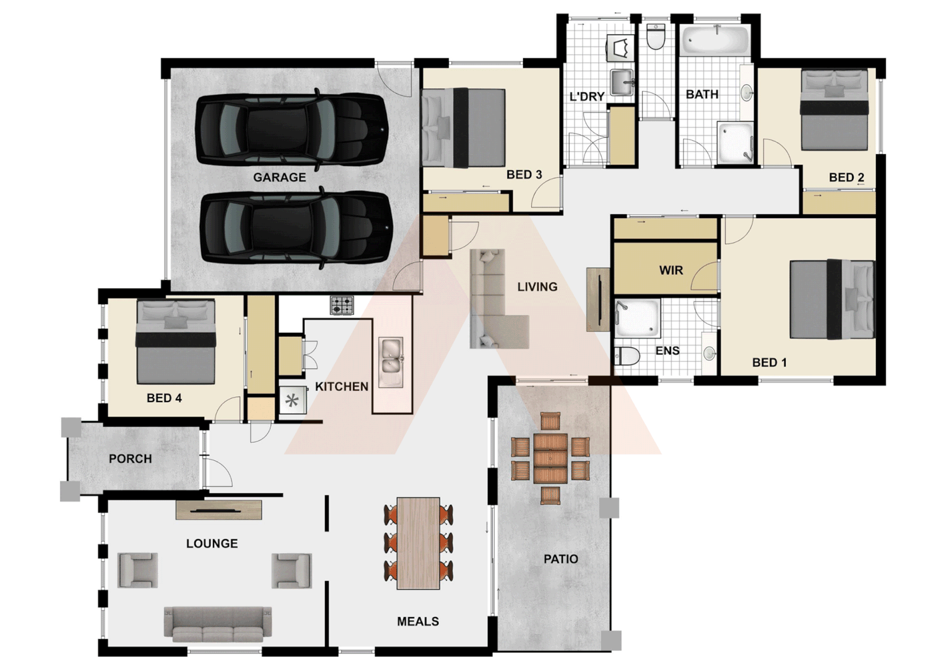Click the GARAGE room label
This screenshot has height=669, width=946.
pos(279,177)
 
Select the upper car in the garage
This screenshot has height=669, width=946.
pos(291,129)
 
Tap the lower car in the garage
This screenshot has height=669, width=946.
pos(296,227)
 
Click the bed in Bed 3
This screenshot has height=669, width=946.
pos(463,128)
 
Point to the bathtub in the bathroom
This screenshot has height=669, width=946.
pos(716,40)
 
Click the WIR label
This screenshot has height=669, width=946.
pos(670,270)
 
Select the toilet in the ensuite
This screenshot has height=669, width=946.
pos(627,357)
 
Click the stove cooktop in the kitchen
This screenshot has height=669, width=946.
pos(342,305)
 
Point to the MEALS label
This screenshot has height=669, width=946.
pos(418,621)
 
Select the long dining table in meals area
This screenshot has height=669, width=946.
pos(419,543)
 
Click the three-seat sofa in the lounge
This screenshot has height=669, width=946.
pos(217,623)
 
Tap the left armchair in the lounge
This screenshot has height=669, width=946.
pos(137,570)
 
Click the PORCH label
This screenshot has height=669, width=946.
pos(130,459)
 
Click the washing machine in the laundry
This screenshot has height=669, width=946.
pos(619,48)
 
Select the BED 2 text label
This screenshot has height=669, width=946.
pos(846,178)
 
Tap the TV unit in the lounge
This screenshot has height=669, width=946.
pos(219,510)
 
